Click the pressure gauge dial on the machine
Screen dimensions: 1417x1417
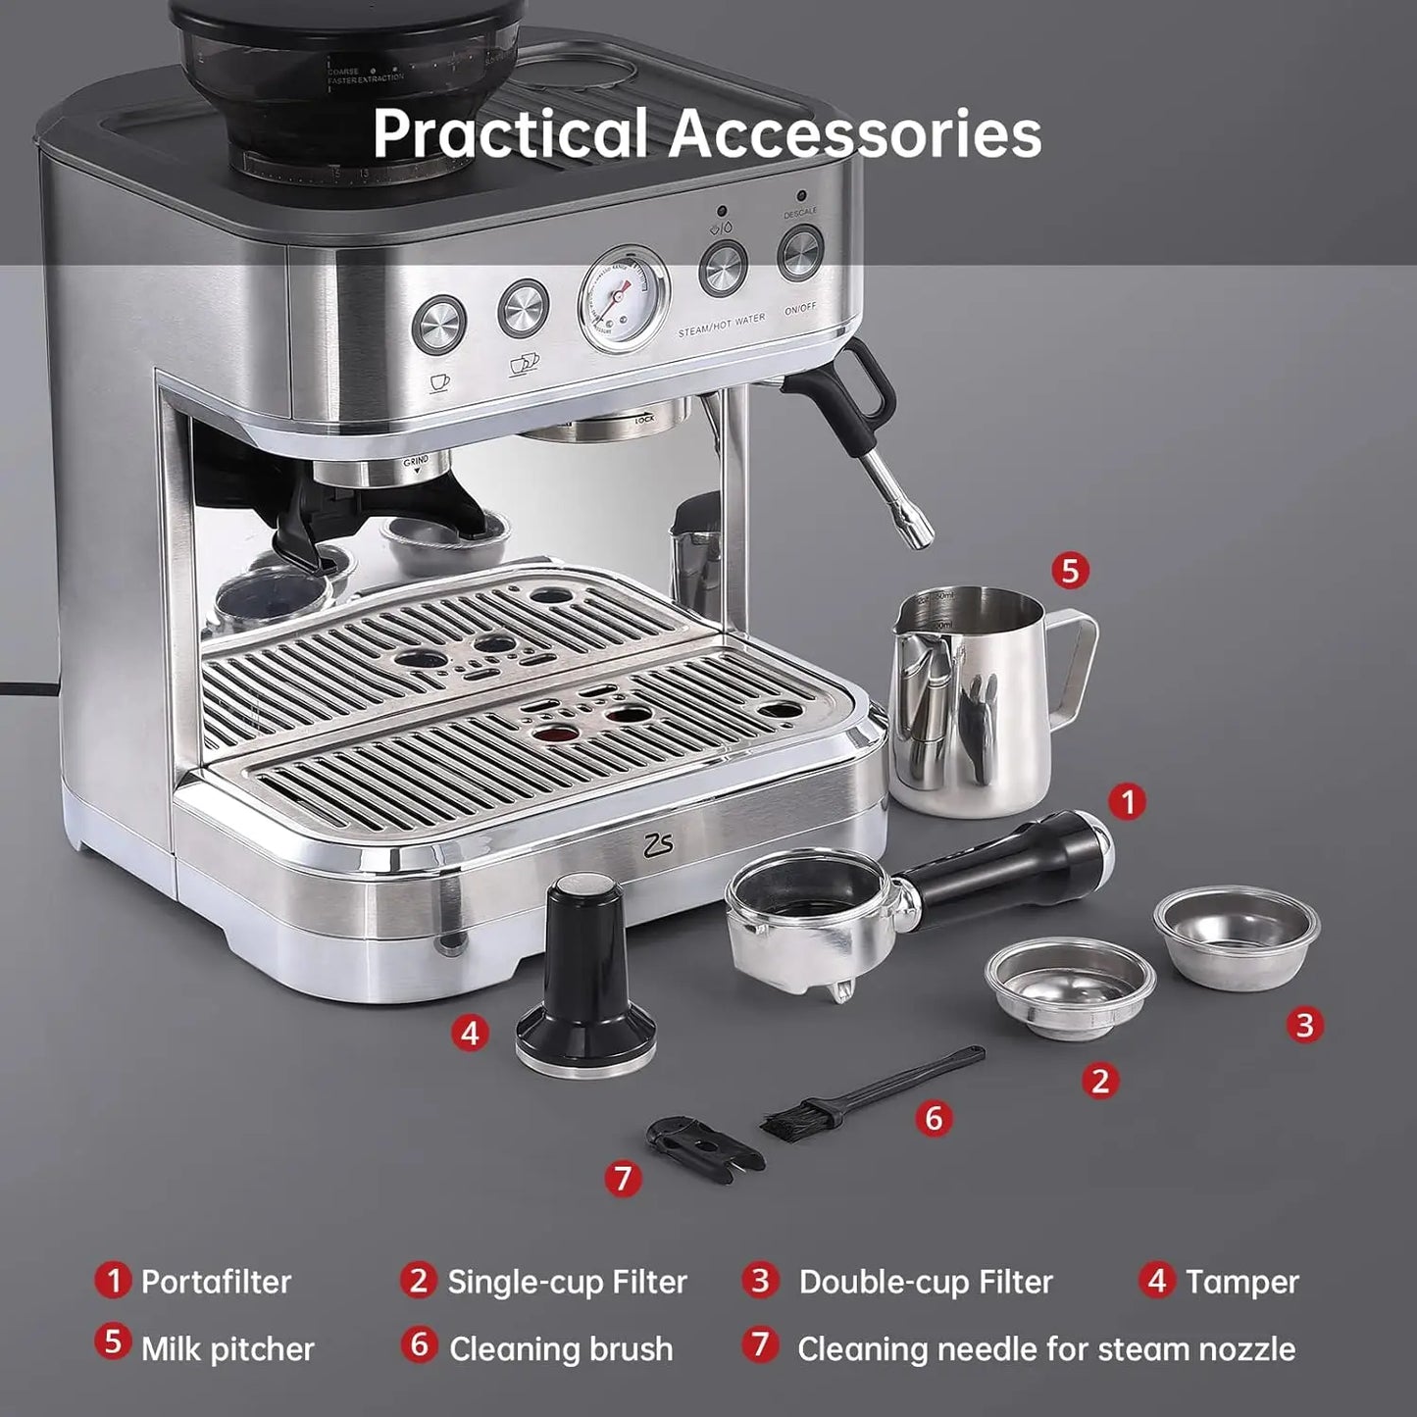coord(623,298)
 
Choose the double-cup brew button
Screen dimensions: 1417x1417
coord(523,309)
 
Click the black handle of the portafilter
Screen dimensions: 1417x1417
coord(1010,863)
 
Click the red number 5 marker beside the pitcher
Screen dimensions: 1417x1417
coord(1070,570)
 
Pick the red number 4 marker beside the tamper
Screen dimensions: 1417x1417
coord(471,1032)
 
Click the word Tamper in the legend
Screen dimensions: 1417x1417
coord(1241,1282)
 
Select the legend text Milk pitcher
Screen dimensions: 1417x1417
coord(228,1349)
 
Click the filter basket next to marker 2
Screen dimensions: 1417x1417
coord(1070,986)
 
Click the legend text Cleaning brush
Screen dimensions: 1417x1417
coord(561,1349)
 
